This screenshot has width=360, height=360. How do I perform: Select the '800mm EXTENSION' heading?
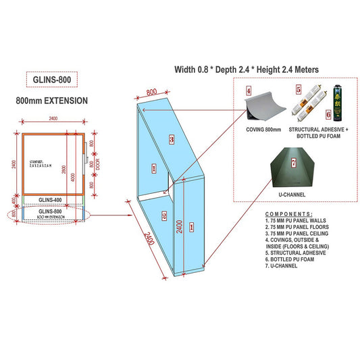point(51,101)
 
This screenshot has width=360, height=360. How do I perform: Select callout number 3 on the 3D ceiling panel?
point(172,139)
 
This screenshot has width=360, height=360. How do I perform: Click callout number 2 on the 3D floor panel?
point(164,216)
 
